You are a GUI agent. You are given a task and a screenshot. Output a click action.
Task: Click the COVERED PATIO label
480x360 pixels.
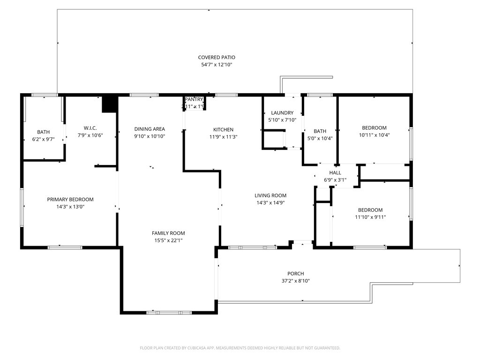point(216,57)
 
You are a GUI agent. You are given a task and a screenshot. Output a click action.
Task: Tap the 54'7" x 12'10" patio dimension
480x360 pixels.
point(216,65)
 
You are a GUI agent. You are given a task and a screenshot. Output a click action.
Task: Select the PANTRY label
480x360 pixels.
point(194,99)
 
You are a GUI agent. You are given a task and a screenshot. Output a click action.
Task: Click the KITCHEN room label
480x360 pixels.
point(223,130)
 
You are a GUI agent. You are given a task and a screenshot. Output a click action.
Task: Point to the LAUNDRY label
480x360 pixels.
point(282,113)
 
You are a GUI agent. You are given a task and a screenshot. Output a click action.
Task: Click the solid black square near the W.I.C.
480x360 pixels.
point(109,104)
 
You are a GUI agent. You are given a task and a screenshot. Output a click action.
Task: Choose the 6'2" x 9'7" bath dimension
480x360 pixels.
point(43,139)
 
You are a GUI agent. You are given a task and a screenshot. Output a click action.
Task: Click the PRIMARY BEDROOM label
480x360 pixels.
point(70,199)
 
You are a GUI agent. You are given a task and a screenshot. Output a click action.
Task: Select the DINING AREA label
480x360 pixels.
point(150,129)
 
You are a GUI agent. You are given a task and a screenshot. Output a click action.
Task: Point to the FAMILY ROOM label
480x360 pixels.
point(168,233)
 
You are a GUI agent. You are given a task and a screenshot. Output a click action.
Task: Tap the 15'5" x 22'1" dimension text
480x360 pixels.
point(168,240)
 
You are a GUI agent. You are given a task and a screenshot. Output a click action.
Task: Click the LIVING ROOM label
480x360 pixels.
point(270,195)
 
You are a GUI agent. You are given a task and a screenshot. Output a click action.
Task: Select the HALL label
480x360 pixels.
point(335,172)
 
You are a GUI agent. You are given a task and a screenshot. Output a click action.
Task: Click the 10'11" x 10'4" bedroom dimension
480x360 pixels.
point(374,135)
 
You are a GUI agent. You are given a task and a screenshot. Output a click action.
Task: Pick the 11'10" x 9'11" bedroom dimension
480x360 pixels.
point(370,217)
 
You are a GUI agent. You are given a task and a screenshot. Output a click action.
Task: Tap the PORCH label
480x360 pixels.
point(296,274)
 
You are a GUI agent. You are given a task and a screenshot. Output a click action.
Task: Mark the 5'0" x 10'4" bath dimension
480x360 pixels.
point(320,138)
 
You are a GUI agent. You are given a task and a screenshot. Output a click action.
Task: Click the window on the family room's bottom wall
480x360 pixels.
point(169,312)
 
